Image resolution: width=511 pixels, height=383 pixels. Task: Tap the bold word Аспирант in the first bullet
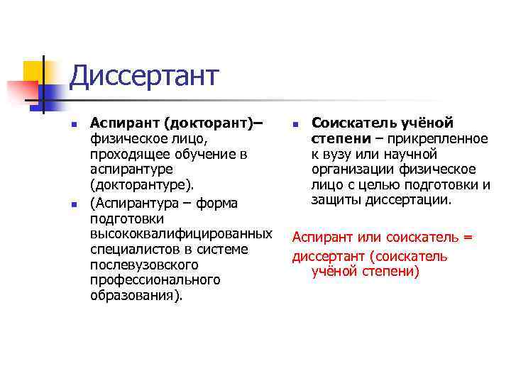pyautogui.click(x=120, y=124)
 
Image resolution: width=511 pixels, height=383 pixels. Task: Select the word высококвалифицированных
pyautogui.click(x=182, y=234)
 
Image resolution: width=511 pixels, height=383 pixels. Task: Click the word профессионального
pyautogui.click(x=155, y=280)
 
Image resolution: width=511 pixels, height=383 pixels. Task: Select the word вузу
pyautogui.click(x=341, y=154)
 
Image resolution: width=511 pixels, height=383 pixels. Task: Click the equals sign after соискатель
pyautogui.click(x=468, y=237)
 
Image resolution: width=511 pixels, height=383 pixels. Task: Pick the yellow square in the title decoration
pyautogui.click(x=33, y=71)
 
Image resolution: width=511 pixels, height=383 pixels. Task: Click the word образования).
pyautogui.click(x=136, y=296)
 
